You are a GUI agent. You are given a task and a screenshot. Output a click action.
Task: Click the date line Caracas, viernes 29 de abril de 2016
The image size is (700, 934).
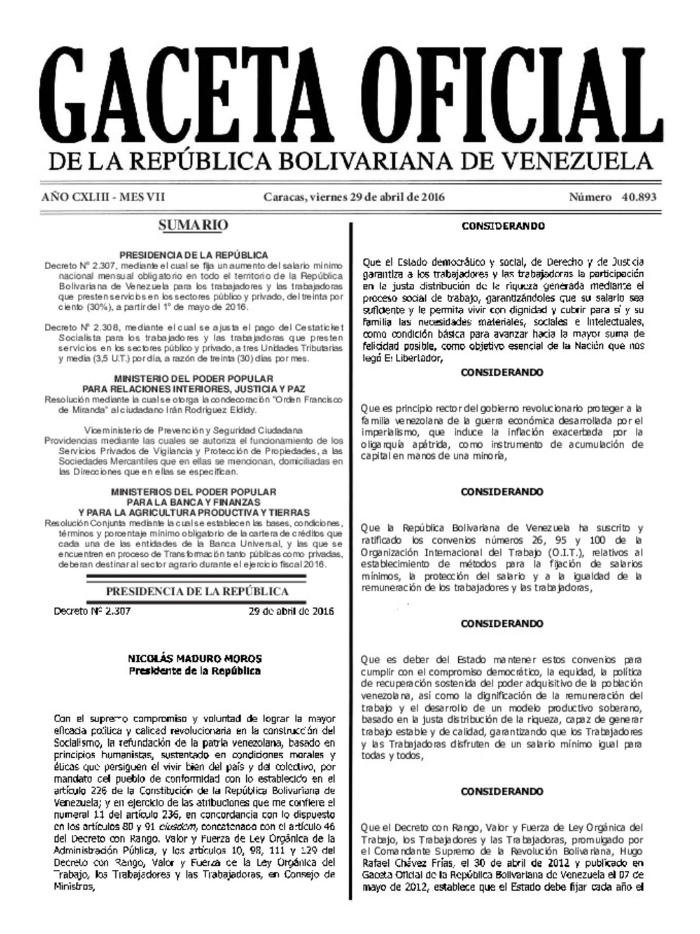coord(354,198)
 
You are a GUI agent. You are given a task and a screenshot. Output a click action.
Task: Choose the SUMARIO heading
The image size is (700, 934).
coord(193,226)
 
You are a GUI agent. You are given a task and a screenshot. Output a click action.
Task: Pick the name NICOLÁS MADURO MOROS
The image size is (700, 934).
coord(194,659)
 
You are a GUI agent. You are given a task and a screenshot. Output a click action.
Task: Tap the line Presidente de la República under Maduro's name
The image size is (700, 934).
coord(194,671)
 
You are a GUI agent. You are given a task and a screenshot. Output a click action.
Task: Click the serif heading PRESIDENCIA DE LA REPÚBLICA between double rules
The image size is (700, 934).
coord(197,591)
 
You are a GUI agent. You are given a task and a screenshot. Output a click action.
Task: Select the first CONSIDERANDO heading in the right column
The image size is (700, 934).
coord(502,226)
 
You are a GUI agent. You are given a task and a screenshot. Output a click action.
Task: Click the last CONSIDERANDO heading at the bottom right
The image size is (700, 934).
coord(502,791)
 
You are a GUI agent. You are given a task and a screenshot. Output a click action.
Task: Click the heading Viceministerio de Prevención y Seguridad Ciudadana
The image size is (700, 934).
coord(193,430)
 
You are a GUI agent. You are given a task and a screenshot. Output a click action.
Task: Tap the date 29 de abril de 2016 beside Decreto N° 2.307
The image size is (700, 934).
coord(291,611)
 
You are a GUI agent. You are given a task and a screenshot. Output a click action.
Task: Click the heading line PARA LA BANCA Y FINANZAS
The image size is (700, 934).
coord(193,502)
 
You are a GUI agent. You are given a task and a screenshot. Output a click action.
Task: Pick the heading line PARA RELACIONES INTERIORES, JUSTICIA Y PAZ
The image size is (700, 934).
coord(193,388)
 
